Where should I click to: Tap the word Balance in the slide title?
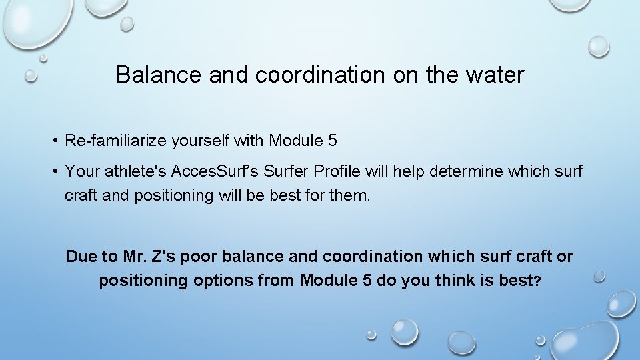point(160,75)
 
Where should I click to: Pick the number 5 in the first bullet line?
point(333,141)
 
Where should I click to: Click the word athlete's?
point(135,172)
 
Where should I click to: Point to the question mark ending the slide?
point(537,281)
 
